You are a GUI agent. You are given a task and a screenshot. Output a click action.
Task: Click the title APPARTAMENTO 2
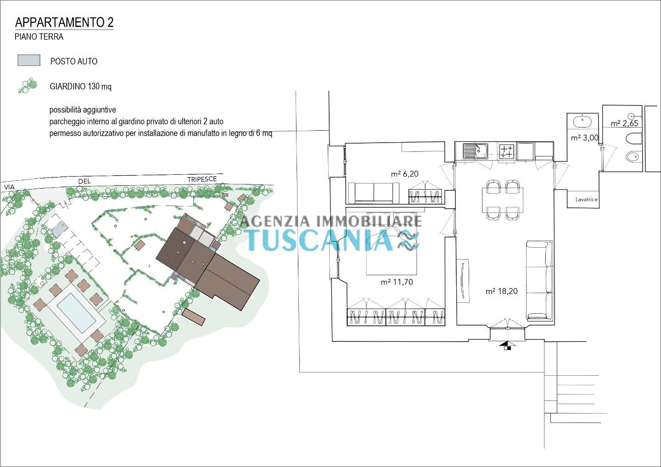tap(64, 22)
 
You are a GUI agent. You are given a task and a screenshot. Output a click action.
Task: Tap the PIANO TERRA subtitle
tap(39, 37)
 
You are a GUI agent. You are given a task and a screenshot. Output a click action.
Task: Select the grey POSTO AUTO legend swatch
tap(29, 61)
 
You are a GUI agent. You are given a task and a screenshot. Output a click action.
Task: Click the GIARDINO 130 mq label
tap(81, 86)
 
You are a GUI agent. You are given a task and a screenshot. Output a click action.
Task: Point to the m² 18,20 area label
tap(502, 291)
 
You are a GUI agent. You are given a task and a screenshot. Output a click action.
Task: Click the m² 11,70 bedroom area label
tap(397, 282)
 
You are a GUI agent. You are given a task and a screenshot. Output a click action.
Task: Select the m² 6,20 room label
tap(404, 174)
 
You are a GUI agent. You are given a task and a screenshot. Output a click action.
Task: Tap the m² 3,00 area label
tap(584, 138)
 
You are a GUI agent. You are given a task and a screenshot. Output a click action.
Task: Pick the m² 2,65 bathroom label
tap(624, 123)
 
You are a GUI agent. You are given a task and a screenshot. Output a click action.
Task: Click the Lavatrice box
tap(586, 199)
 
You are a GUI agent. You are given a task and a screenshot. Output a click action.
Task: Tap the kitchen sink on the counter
tap(476, 151)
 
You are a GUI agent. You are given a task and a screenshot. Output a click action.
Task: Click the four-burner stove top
tap(506, 151)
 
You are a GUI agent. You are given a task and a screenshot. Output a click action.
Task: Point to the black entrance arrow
tap(507, 344)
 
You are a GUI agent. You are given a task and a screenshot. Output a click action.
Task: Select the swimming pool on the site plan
tap(76, 312)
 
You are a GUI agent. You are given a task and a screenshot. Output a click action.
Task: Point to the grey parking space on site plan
tap(60, 230)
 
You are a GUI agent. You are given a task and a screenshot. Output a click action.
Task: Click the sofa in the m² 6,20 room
tap(374, 193)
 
